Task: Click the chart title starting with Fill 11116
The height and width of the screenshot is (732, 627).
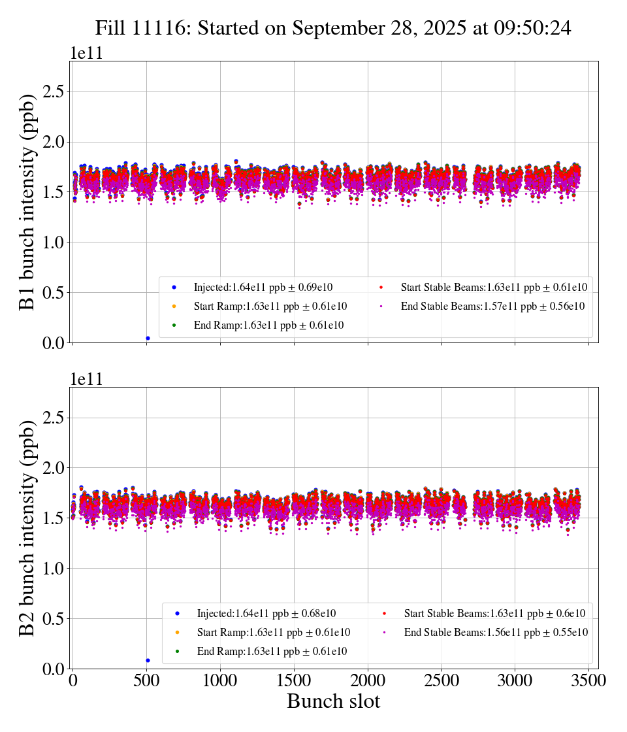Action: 333,28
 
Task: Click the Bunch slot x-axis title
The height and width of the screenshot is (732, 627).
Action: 333,702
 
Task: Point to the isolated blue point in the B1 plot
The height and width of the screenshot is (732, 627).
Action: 148,338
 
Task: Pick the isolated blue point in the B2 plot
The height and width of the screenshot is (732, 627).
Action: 148,660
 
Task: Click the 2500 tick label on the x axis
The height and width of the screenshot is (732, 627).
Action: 442,681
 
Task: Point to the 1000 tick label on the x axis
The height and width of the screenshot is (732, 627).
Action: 220,681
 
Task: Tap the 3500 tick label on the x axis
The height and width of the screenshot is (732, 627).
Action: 588,681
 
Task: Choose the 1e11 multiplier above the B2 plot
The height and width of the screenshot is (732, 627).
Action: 86,379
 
